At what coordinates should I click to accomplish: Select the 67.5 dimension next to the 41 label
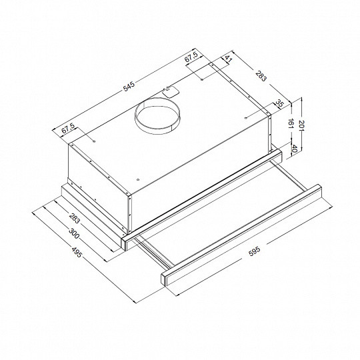pos(192,59)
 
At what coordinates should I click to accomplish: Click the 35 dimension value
pos(279,104)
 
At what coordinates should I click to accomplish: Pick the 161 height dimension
pos(291,123)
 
